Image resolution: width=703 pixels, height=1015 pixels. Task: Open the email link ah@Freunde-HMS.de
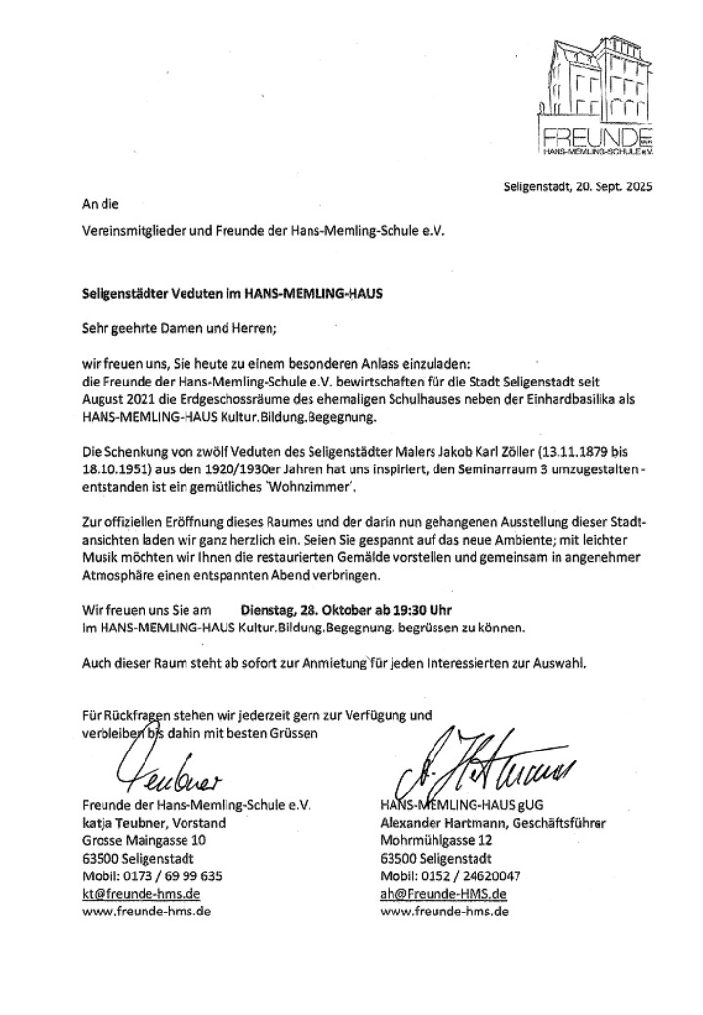[x=443, y=893]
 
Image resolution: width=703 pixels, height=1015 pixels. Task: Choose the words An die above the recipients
[x=98, y=206]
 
